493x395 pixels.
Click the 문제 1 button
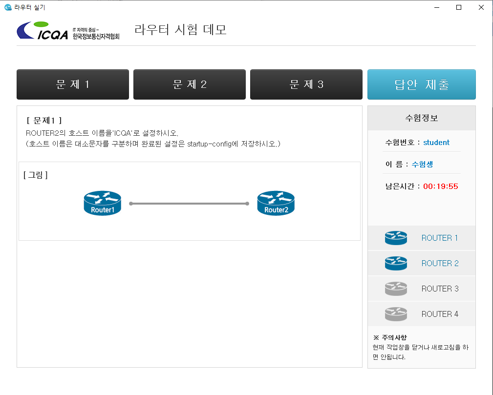(x=73, y=84)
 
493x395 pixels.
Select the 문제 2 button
(x=190, y=84)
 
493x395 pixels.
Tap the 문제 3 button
(x=306, y=84)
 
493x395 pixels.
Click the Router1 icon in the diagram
(x=102, y=203)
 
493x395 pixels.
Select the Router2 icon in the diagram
(x=276, y=203)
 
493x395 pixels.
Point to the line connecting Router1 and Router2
(x=189, y=204)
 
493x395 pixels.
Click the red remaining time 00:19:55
(x=440, y=187)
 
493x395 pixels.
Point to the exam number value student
(x=436, y=143)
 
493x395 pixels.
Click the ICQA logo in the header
(x=68, y=31)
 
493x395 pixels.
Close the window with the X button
(x=481, y=7)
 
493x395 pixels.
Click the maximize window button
(x=459, y=7)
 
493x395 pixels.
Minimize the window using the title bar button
(x=436, y=7)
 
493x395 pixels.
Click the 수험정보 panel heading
(x=421, y=118)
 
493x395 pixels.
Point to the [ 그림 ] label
(x=36, y=175)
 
